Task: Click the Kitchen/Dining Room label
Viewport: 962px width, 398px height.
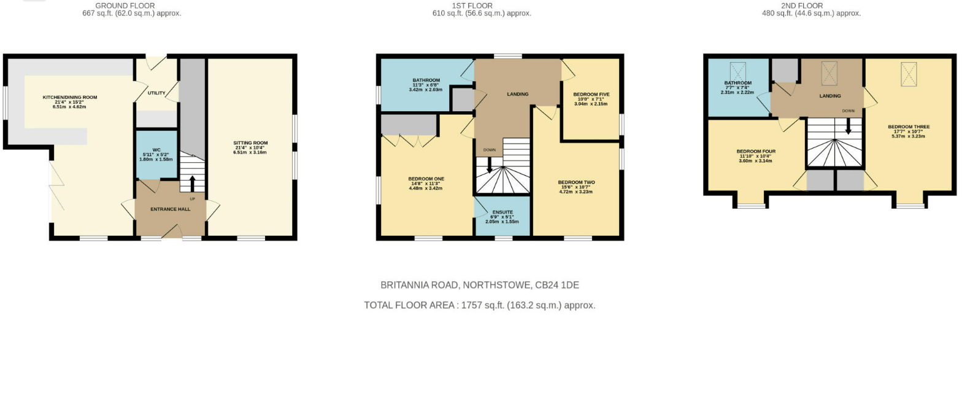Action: tap(69, 98)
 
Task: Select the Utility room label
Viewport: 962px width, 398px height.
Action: tap(156, 93)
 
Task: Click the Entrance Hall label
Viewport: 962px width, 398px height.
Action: tap(171, 209)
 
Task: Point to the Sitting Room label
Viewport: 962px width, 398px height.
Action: tap(250, 143)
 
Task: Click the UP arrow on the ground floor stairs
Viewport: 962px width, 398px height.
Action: tap(192, 183)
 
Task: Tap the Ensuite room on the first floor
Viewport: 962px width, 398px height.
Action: tap(502, 216)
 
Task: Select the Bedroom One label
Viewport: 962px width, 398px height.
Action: tap(426, 179)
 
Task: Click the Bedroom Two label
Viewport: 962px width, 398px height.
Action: tap(576, 183)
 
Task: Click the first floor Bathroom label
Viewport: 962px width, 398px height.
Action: tap(426, 80)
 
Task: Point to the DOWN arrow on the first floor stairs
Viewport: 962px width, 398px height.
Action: tap(490, 165)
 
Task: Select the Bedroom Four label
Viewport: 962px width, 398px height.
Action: tap(756, 152)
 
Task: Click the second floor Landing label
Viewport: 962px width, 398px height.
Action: tap(830, 96)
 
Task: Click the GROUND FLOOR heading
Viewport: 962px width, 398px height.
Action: tap(125, 6)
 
